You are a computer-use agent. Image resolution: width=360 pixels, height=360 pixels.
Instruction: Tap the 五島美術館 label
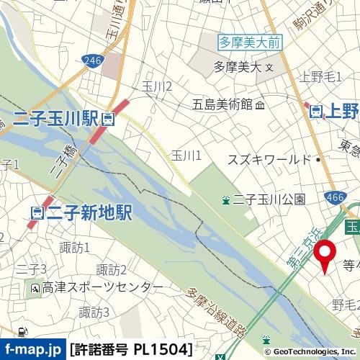point(222,104)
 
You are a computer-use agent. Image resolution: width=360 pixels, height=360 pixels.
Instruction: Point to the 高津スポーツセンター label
point(102,288)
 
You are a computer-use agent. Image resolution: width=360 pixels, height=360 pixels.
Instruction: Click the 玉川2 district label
point(157,87)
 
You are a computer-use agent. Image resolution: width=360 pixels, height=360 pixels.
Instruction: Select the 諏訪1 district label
point(75,248)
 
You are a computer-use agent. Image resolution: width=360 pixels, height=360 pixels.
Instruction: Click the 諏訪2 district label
point(112,270)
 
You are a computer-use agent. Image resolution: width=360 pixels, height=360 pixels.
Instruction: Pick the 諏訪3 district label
point(94,312)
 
